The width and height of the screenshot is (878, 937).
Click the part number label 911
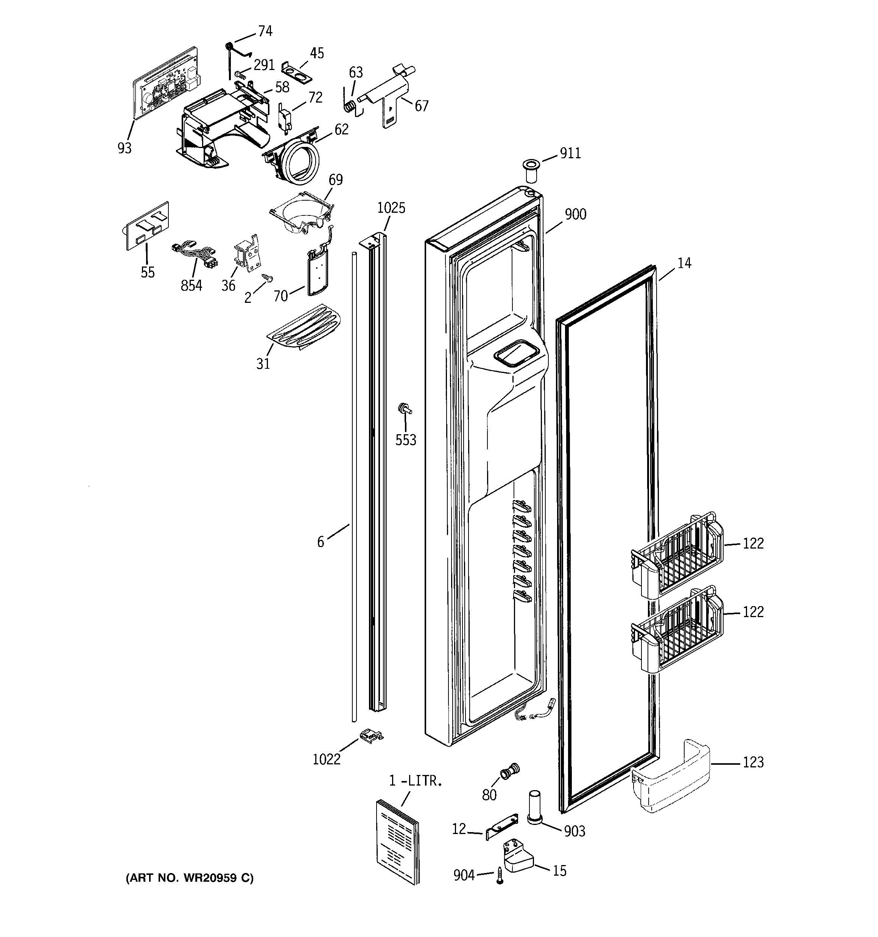tap(570, 153)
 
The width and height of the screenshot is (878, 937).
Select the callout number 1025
tap(391, 208)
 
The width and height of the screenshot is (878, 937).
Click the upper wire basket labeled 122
tap(677, 556)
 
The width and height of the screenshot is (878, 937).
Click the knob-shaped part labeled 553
tap(404, 408)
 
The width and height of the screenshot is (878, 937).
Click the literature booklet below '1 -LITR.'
tap(397, 841)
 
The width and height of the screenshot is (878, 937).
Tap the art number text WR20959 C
tap(190, 878)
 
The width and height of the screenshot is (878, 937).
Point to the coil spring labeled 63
tap(349, 106)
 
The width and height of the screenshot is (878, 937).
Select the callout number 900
tap(576, 214)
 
